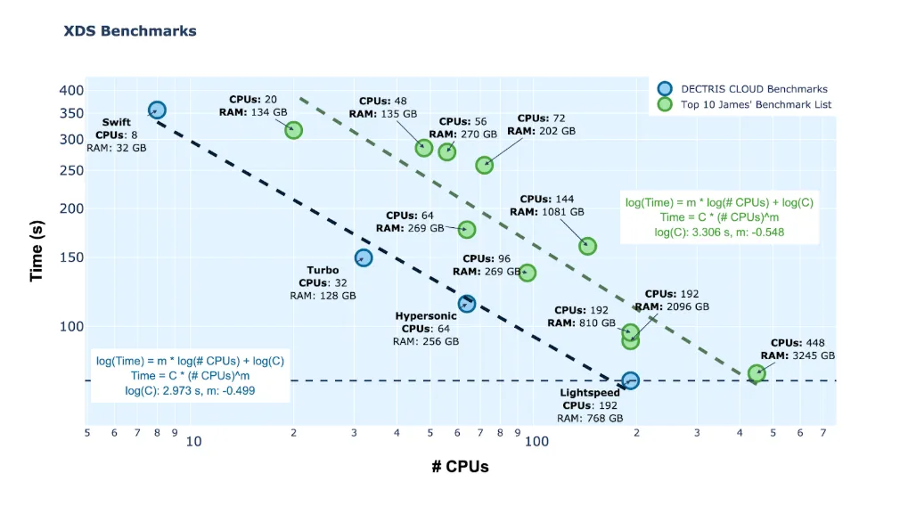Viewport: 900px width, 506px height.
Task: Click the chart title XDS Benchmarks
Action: (130, 31)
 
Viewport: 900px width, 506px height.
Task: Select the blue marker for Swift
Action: (157, 110)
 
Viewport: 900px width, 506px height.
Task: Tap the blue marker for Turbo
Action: (364, 257)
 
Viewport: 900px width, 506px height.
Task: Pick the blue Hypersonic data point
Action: (467, 304)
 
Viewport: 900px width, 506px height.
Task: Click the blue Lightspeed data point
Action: (630, 380)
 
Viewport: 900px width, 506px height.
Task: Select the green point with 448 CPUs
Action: (757, 373)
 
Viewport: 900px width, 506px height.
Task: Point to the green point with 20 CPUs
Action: (293, 130)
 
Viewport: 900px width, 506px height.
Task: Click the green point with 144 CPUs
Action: (587, 246)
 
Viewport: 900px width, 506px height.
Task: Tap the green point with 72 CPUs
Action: (484, 165)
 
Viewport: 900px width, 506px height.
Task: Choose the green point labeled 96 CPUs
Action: (527, 273)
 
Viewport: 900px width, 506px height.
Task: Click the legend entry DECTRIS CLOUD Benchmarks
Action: (754, 89)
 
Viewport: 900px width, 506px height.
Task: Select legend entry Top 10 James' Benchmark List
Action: (756, 105)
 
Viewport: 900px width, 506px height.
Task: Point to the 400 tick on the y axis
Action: (71, 91)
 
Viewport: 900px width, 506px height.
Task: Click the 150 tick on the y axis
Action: (71, 258)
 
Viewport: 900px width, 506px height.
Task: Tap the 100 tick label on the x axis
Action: (535, 441)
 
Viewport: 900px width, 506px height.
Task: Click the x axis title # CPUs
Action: (460, 467)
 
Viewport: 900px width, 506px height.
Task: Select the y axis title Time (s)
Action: (37, 251)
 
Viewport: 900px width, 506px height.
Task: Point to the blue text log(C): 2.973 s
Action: (165, 390)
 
